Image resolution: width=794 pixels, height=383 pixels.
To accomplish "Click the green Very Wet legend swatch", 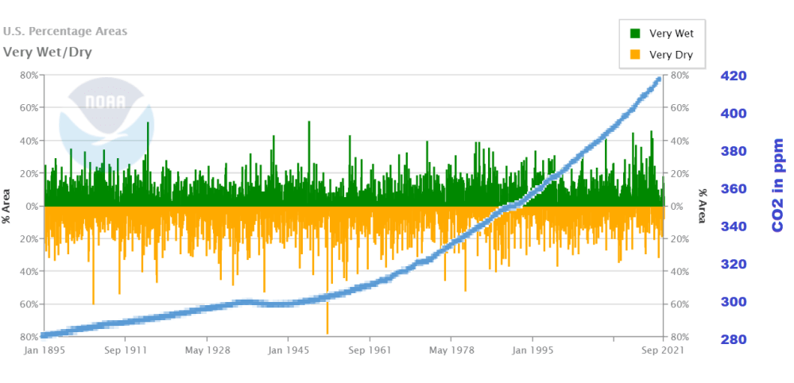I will coord(635,33).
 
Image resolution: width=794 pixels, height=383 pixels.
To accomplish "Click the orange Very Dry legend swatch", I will coord(635,55).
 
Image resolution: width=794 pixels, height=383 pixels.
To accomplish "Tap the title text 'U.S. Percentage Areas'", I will coord(65,32).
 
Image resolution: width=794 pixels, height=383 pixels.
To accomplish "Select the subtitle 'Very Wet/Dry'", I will coord(47,52).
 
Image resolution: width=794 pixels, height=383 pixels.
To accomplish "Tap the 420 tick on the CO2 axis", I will coord(733,76).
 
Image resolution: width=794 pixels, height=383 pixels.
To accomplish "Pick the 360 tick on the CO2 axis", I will coord(733,189).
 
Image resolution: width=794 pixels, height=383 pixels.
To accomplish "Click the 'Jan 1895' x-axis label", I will coord(44,350).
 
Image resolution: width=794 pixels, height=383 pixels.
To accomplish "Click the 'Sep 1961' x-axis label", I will coord(370,350).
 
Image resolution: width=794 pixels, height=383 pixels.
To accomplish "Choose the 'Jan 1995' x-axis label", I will coord(533,350).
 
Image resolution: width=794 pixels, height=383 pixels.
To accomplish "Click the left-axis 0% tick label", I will coord(31,206).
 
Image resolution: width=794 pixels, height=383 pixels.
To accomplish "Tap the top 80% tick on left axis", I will coord(29,75).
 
